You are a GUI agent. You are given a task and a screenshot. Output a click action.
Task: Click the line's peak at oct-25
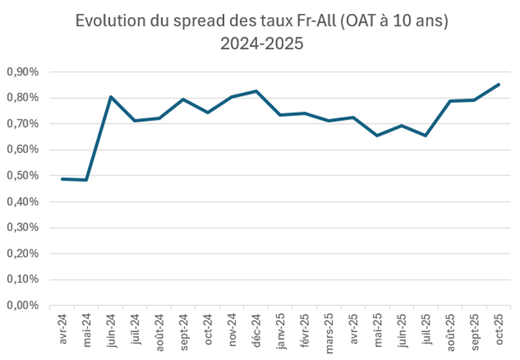[498, 84]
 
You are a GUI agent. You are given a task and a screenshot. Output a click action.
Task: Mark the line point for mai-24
[87, 180]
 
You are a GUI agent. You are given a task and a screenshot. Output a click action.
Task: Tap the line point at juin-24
[111, 97]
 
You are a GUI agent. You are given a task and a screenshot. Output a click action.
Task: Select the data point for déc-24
[256, 91]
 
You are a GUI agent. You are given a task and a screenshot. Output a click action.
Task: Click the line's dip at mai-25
[377, 135]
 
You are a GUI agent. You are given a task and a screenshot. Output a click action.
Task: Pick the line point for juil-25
[425, 135]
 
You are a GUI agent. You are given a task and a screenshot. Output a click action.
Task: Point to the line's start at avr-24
[63, 178]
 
